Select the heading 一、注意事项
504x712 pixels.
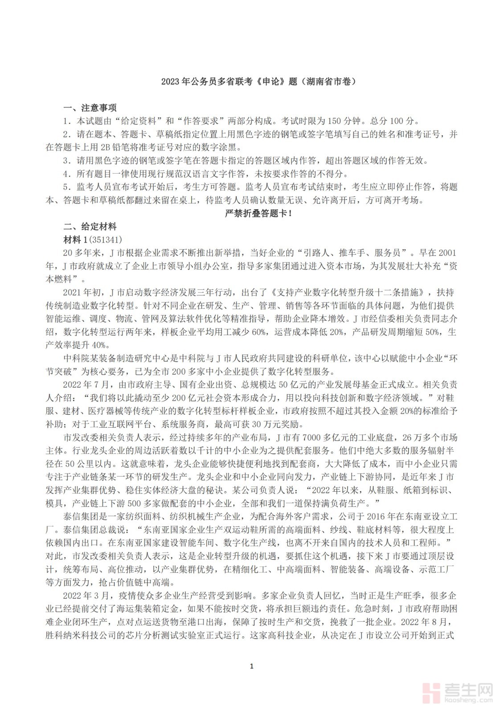[x=90, y=108]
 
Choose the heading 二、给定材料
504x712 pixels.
[x=90, y=227]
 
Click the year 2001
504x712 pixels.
[x=447, y=253]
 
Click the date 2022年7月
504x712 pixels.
[x=86, y=384]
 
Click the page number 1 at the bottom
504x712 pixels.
[x=252, y=666]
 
